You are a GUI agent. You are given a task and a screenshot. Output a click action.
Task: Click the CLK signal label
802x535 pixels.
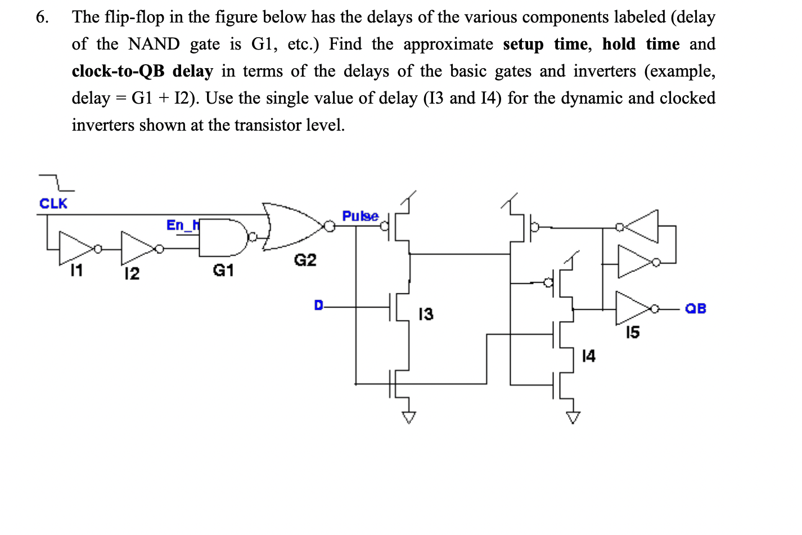[x=53, y=203]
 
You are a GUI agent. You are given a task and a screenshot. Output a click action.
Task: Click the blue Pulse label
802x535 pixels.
[x=360, y=216]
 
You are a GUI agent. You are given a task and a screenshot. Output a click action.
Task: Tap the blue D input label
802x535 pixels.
[x=318, y=306]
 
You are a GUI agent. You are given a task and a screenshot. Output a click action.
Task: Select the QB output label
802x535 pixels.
[x=696, y=308]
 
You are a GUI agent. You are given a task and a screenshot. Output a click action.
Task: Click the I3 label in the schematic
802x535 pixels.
[x=426, y=314]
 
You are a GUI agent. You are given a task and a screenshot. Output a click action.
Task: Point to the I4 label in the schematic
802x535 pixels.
[x=588, y=356]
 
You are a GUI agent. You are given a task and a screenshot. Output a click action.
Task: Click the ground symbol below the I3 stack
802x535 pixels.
[x=409, y=417]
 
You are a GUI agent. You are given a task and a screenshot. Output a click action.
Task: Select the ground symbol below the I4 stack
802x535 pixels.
[x=573, y=417]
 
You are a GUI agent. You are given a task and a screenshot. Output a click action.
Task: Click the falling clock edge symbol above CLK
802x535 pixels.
[x=57, y=182]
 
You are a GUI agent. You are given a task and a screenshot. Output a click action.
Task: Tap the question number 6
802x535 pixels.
[x=42, y=17]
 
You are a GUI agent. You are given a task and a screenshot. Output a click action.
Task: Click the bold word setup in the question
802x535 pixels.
[x=523, y=44]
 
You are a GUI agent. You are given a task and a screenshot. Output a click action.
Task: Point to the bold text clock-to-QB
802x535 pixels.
[x=118, y=71]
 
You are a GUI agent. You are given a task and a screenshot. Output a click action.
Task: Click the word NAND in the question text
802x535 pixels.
[x=154, y=44]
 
